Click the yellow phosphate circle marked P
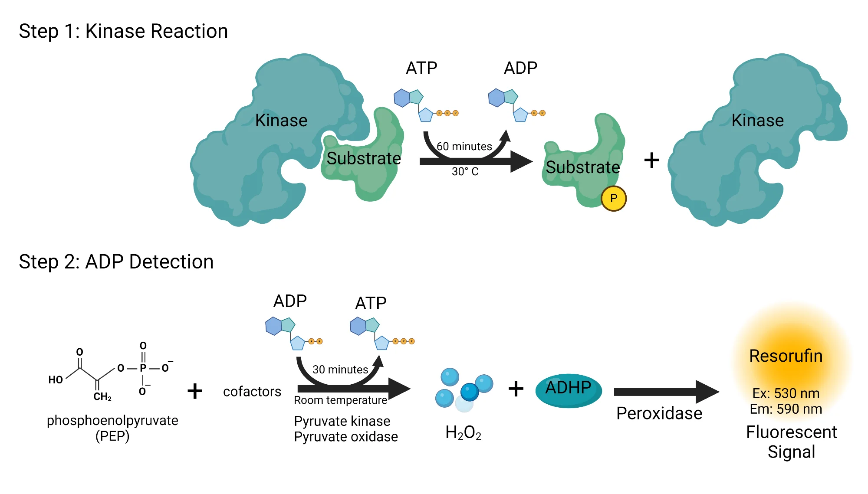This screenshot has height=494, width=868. (x=613, y=199)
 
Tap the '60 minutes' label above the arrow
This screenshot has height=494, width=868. (x=464, y=147)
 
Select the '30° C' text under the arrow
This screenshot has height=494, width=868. (x=465, y=172)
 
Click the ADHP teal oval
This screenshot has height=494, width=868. (x=568, y=390)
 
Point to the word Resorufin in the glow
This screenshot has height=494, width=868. (x=786, y=356)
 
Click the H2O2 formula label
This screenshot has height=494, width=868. (x=463, y=433)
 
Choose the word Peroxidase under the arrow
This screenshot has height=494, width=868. (x=659, y=413)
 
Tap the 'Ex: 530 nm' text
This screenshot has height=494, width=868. (x=786, y=393)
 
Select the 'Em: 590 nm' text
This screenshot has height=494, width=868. (x=786, y=409)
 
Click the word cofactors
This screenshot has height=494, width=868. (x=252, y=392)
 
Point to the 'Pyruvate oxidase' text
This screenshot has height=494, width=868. (x=345, y=437)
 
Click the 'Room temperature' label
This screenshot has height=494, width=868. (x=340, y=400)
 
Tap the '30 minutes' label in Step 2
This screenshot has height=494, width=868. (x=340, y=370)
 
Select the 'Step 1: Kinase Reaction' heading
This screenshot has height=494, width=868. (x=123, y=31)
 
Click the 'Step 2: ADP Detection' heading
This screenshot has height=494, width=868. (x=116, y=262)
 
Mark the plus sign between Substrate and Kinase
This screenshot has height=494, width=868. (x=651, y=160)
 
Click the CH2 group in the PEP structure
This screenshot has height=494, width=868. (x=102, y=396)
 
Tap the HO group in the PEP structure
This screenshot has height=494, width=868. (x=56, y=380)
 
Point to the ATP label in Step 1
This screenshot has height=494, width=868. (x=421, y=68)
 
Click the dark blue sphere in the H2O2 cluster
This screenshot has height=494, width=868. (x=469, y=392)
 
